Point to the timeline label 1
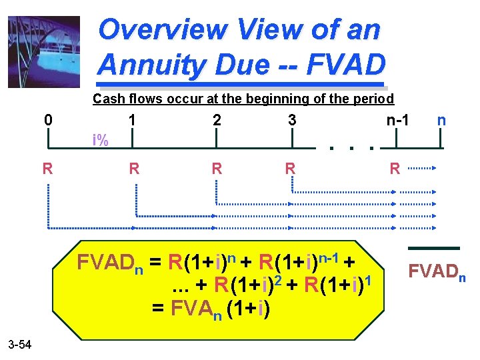pos(133,121)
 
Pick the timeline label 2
pos(216,121)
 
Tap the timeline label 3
pos(292,121)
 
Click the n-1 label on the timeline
pos(397,121)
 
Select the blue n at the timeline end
pos(441,121)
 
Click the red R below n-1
pos(395,168)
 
